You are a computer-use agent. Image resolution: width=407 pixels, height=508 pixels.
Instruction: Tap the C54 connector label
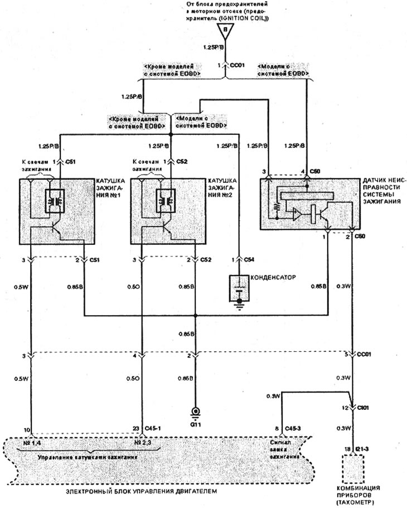tap(252, 260)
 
